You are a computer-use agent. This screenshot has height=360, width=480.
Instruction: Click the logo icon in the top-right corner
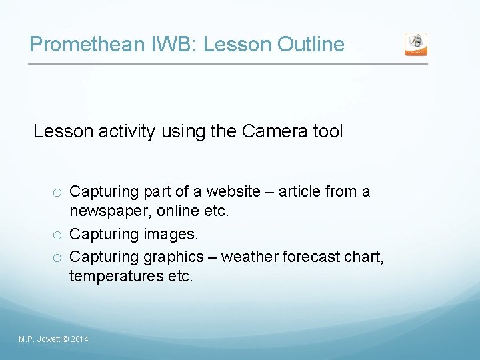(416, 44)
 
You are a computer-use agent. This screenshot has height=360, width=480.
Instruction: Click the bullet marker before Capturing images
(59, 235)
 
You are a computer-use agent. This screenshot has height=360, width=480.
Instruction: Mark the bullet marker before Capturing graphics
(59, 257)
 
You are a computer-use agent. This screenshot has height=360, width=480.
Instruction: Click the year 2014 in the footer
(79, 340)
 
